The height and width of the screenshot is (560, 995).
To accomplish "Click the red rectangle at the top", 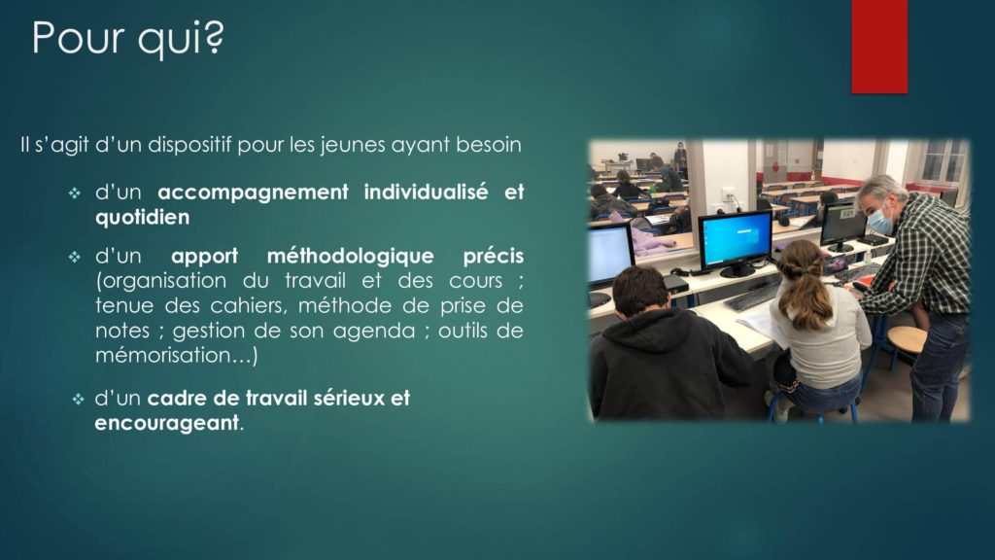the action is point(879,47).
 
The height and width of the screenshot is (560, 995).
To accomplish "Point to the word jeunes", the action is point(352,146).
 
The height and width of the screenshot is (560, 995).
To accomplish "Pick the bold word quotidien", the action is point(142,217).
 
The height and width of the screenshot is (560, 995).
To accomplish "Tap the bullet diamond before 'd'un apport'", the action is point(75,257).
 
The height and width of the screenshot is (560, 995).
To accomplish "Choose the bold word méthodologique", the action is point(350,257).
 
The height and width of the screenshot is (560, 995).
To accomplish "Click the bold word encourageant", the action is point(167,423).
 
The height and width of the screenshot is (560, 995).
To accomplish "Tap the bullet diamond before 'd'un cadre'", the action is point(78,400).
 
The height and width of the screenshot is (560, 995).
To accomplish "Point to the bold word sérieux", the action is point(350,398).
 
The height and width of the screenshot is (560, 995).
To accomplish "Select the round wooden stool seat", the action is point(907,339).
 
